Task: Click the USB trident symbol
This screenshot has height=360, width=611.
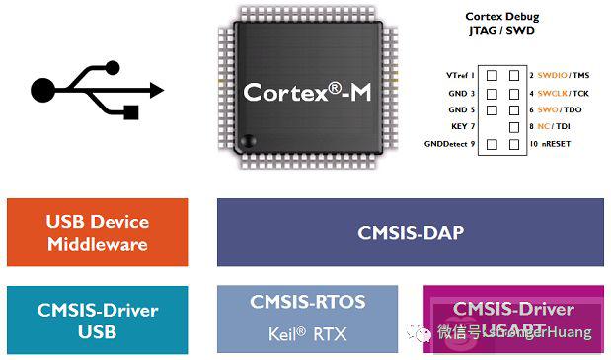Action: pos(97,92)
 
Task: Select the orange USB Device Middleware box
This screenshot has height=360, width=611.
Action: pos(97,233)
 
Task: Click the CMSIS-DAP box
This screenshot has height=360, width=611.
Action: pos(410,233)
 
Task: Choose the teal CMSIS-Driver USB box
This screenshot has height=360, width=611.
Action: pos(97,320)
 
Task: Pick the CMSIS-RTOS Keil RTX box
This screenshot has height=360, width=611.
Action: pos(308,320)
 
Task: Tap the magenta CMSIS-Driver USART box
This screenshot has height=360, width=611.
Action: pos(513,320)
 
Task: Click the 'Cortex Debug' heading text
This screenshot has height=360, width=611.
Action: pos(499,18)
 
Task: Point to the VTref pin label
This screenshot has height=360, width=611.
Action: pos(460,75)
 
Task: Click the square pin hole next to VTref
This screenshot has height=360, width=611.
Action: pos(491,75)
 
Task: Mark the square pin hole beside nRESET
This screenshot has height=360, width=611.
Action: pos(513,145)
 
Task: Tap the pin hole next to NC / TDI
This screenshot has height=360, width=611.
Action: pos(513,127)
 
